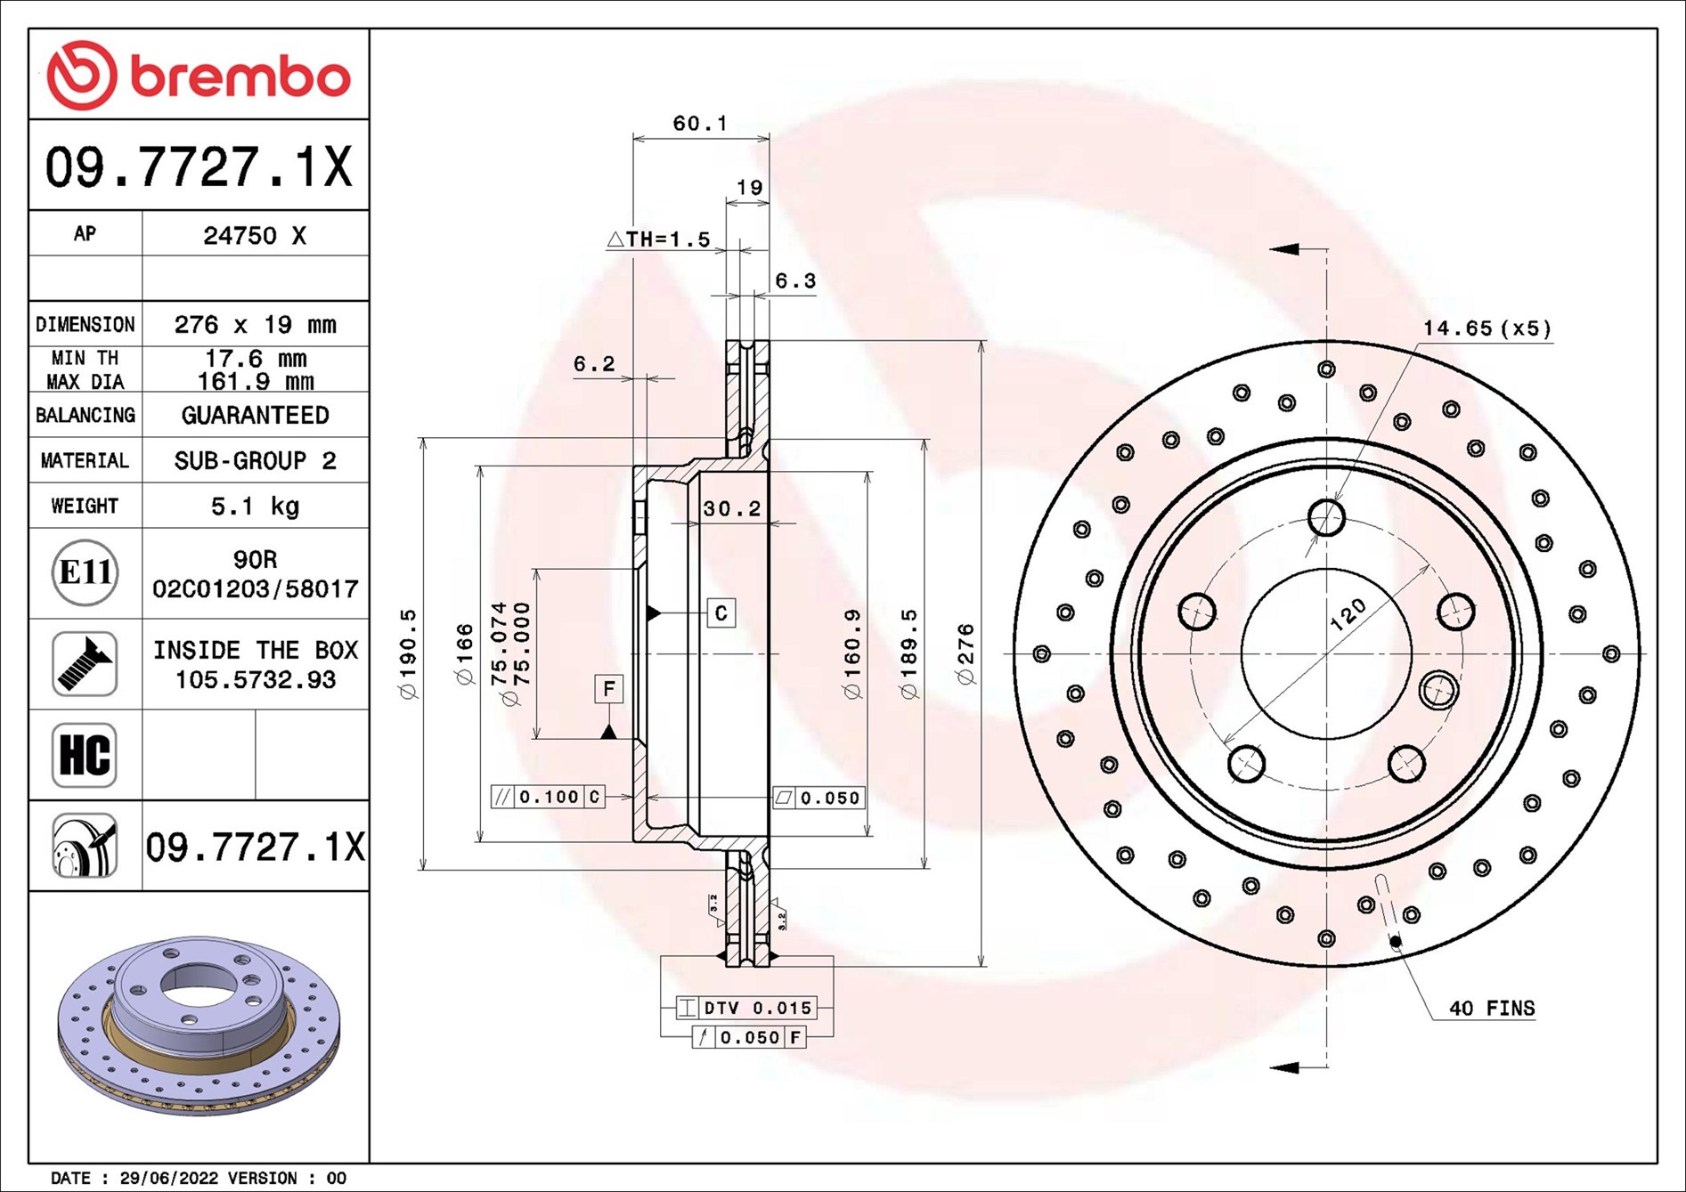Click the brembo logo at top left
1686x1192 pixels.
199,75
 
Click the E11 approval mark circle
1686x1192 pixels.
85,572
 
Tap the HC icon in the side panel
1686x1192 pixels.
85,755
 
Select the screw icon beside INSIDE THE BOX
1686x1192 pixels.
85,664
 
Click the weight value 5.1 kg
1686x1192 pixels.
255,506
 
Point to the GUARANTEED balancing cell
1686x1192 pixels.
255,415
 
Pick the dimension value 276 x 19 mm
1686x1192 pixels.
255,324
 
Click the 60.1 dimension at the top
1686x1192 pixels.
700,123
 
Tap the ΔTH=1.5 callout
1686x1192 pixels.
659,239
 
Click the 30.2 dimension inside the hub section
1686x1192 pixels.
732,508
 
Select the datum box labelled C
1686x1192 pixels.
721,612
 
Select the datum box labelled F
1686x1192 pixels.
609,688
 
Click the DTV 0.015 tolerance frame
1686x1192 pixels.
746,1008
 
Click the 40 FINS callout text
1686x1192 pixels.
1492,1008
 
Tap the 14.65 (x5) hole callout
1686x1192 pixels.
1486,328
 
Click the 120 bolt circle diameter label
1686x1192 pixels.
1348,614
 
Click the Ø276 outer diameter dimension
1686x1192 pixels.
965,654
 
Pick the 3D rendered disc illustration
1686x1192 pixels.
199,1025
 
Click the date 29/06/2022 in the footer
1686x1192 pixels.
168,1178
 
